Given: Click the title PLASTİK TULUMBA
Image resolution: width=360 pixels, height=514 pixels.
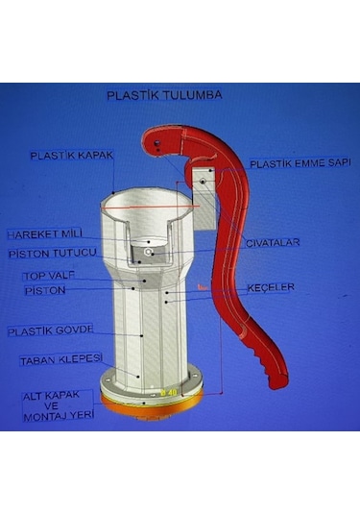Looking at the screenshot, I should (x=164, y=96).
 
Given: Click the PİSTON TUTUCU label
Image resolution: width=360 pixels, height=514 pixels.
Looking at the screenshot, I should (x=52, y=253).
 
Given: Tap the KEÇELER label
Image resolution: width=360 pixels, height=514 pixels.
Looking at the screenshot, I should (x=271, y=287).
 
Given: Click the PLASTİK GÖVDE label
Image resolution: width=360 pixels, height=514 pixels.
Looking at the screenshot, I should (x=51, y=330).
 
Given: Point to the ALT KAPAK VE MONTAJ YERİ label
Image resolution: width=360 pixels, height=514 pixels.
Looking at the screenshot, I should (x=58, y=404).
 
